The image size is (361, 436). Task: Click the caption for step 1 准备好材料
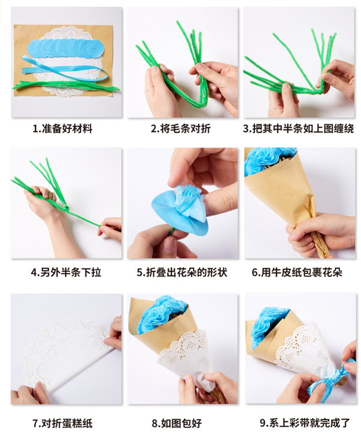point(63,129)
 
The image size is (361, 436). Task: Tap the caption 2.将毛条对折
point(181,129)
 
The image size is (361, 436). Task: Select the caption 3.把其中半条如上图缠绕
point(298,129)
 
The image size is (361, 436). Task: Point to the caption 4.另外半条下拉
point(66,272)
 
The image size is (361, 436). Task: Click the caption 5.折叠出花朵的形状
point(182,272)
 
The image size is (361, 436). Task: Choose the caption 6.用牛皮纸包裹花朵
point(297,272)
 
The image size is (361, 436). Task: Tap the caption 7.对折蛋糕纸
point(62,423)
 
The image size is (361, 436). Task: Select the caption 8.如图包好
point(177,423)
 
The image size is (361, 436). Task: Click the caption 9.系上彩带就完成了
point(305,423)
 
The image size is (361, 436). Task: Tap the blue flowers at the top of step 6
point(269,161)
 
